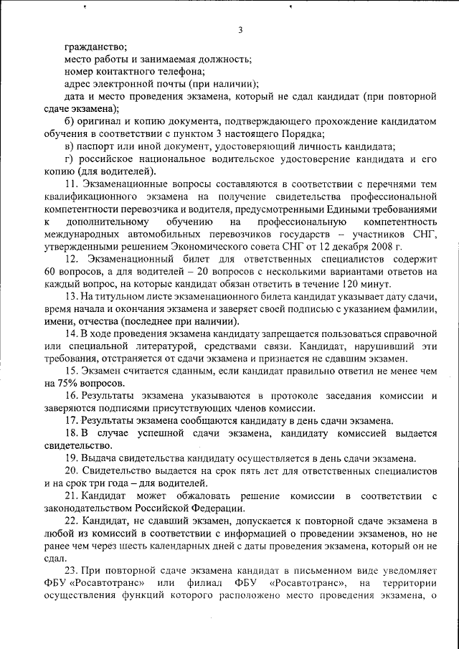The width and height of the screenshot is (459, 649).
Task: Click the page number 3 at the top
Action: point(240,29)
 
